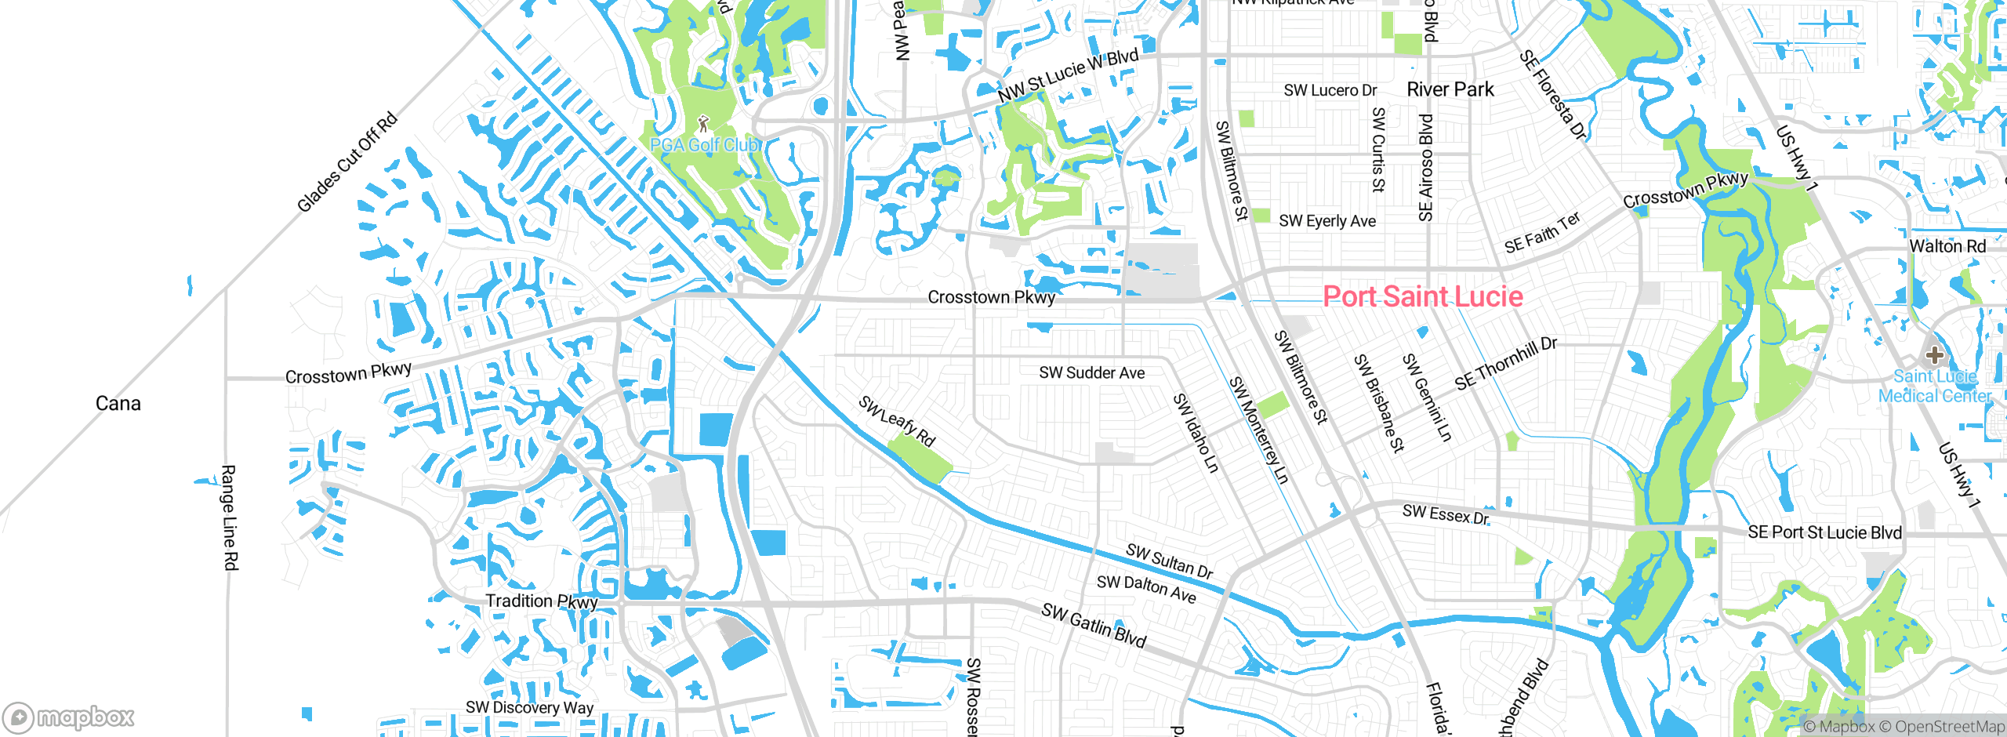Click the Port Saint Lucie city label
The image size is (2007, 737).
[1422, 296]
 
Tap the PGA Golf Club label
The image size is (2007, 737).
[704, 145]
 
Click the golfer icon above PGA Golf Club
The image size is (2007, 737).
[703, 124]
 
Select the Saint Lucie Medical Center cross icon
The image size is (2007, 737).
[1934, 355]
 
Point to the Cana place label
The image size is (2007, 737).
[118, 404]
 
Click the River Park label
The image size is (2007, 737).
[1450, 89]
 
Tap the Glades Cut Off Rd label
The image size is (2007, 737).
[347, 163]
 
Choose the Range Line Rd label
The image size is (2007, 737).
[229, 517]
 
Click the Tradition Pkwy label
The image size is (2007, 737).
[541, 601]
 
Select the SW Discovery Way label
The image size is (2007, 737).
[529, 707]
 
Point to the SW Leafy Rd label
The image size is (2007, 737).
[897, 422]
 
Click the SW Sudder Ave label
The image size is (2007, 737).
[1091, 373]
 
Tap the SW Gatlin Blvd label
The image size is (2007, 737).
[1094, 625]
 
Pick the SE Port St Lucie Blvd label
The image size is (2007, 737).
[1824, 532]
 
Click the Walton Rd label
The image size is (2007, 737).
[1947, 246]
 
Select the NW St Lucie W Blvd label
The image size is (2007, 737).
[1068, 75]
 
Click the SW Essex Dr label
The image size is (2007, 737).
[1445, 515]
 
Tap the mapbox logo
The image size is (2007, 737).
[69, 717]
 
